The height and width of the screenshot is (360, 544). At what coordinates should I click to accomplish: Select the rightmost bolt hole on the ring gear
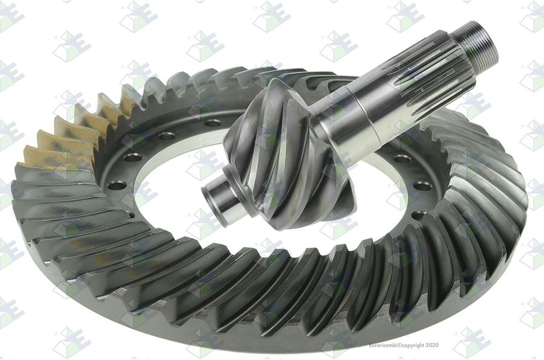423,187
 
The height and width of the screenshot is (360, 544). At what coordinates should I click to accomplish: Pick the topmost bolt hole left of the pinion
212,123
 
